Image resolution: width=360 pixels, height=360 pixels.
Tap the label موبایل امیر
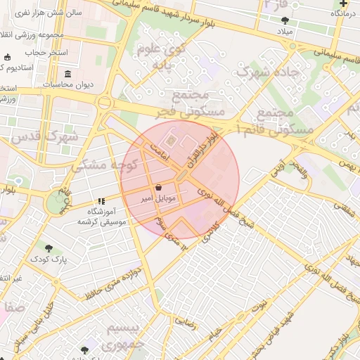point(158,199)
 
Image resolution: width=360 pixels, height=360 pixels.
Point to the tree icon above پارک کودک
point(49,248)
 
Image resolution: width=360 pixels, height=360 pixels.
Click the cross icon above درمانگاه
point(342,4)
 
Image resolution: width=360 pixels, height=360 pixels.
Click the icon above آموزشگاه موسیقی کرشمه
point(101,201)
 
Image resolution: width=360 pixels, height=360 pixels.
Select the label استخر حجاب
point(44,53)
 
